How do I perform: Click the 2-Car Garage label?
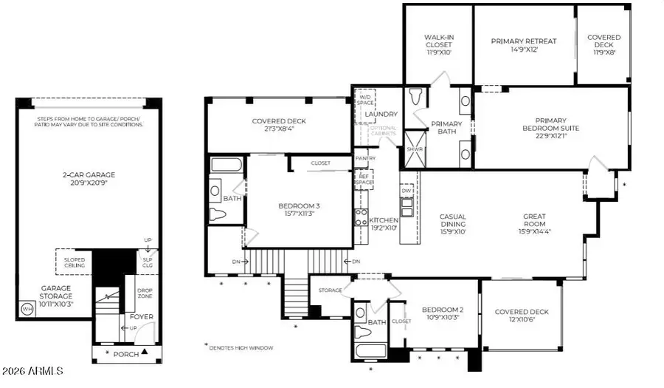pyautogui.click(x=89, y=175)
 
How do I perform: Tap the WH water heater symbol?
pyautogui.click(x=27, y=307)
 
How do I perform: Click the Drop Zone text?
pyautogui.click(x=145, y=293)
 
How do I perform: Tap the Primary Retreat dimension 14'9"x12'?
pyautogui.click(x=523, y=51)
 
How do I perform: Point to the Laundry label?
pyautogui.click(x=381, y=115)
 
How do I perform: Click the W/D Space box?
pyautogui.click(x=365, y=99)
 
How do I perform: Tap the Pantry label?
pyautogui.click(x=365, y=158)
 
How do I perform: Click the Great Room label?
pyautogui.click(x=535, y=219)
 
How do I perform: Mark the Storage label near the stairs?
pyautogui.click(x=331, y=290)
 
